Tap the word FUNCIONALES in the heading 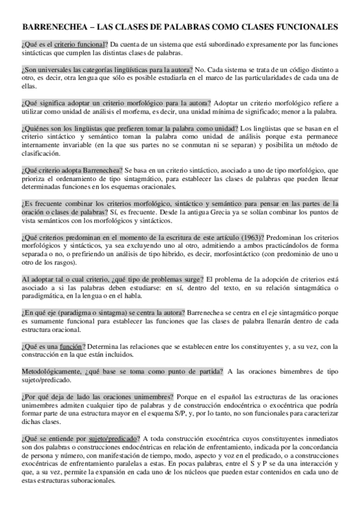(x=305, y=27)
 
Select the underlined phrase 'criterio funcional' (x=79, y=45)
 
